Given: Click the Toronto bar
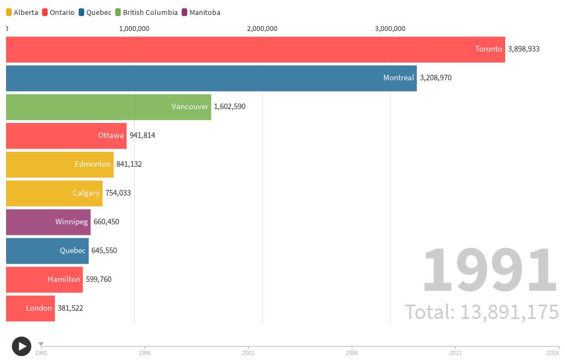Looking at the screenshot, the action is point(255,49).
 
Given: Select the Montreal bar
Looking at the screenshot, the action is point(210,78).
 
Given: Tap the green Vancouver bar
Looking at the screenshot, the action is point(108,107).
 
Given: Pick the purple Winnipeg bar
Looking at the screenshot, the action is point(48,222).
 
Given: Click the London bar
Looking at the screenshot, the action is point(30,308).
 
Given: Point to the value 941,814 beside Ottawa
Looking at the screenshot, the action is point(142,135).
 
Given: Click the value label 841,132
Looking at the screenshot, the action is point(129,164).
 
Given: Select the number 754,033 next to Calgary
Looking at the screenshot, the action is point(118,193).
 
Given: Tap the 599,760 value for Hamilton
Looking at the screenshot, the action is point(99,279).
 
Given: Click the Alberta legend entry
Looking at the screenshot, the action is point(22,12).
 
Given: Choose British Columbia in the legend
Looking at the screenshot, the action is point(146,12).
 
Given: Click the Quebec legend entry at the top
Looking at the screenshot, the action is point(95,12).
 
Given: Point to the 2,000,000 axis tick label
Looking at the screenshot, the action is point(262,29).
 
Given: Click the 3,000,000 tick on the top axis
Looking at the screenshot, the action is point(390,29).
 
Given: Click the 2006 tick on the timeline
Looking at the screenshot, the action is point(352,352).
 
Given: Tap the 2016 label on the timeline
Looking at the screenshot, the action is point(552,352).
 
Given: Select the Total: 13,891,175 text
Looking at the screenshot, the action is point(481,312).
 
